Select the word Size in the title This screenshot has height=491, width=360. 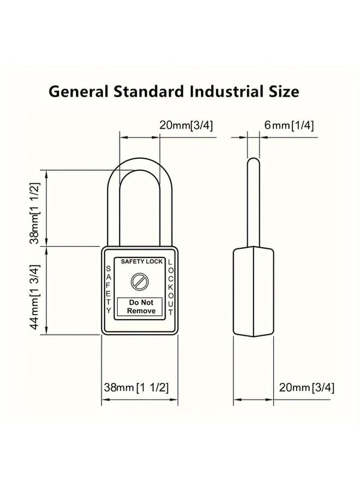pyautogui.click(x=283, y=91)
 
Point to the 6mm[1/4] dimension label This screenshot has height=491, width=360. pyautogui.click(x=289, y=125)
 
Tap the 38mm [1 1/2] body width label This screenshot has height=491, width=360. pyautogui.click(x=136, y=388)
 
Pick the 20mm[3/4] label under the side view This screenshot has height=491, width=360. pyautogui.click(x=307, y=388)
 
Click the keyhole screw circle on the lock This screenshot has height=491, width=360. pyautogui.click(x=139, y=282)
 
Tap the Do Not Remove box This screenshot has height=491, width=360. pyautogui.click(x=141, y=307)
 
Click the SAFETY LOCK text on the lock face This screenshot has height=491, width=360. pyautogui.click(x=141, y=262)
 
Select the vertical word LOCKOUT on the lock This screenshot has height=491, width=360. pyautogui.click(x=171, y=287)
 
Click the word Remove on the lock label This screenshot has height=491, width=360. pyautogui.click(x=141, y=311)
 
